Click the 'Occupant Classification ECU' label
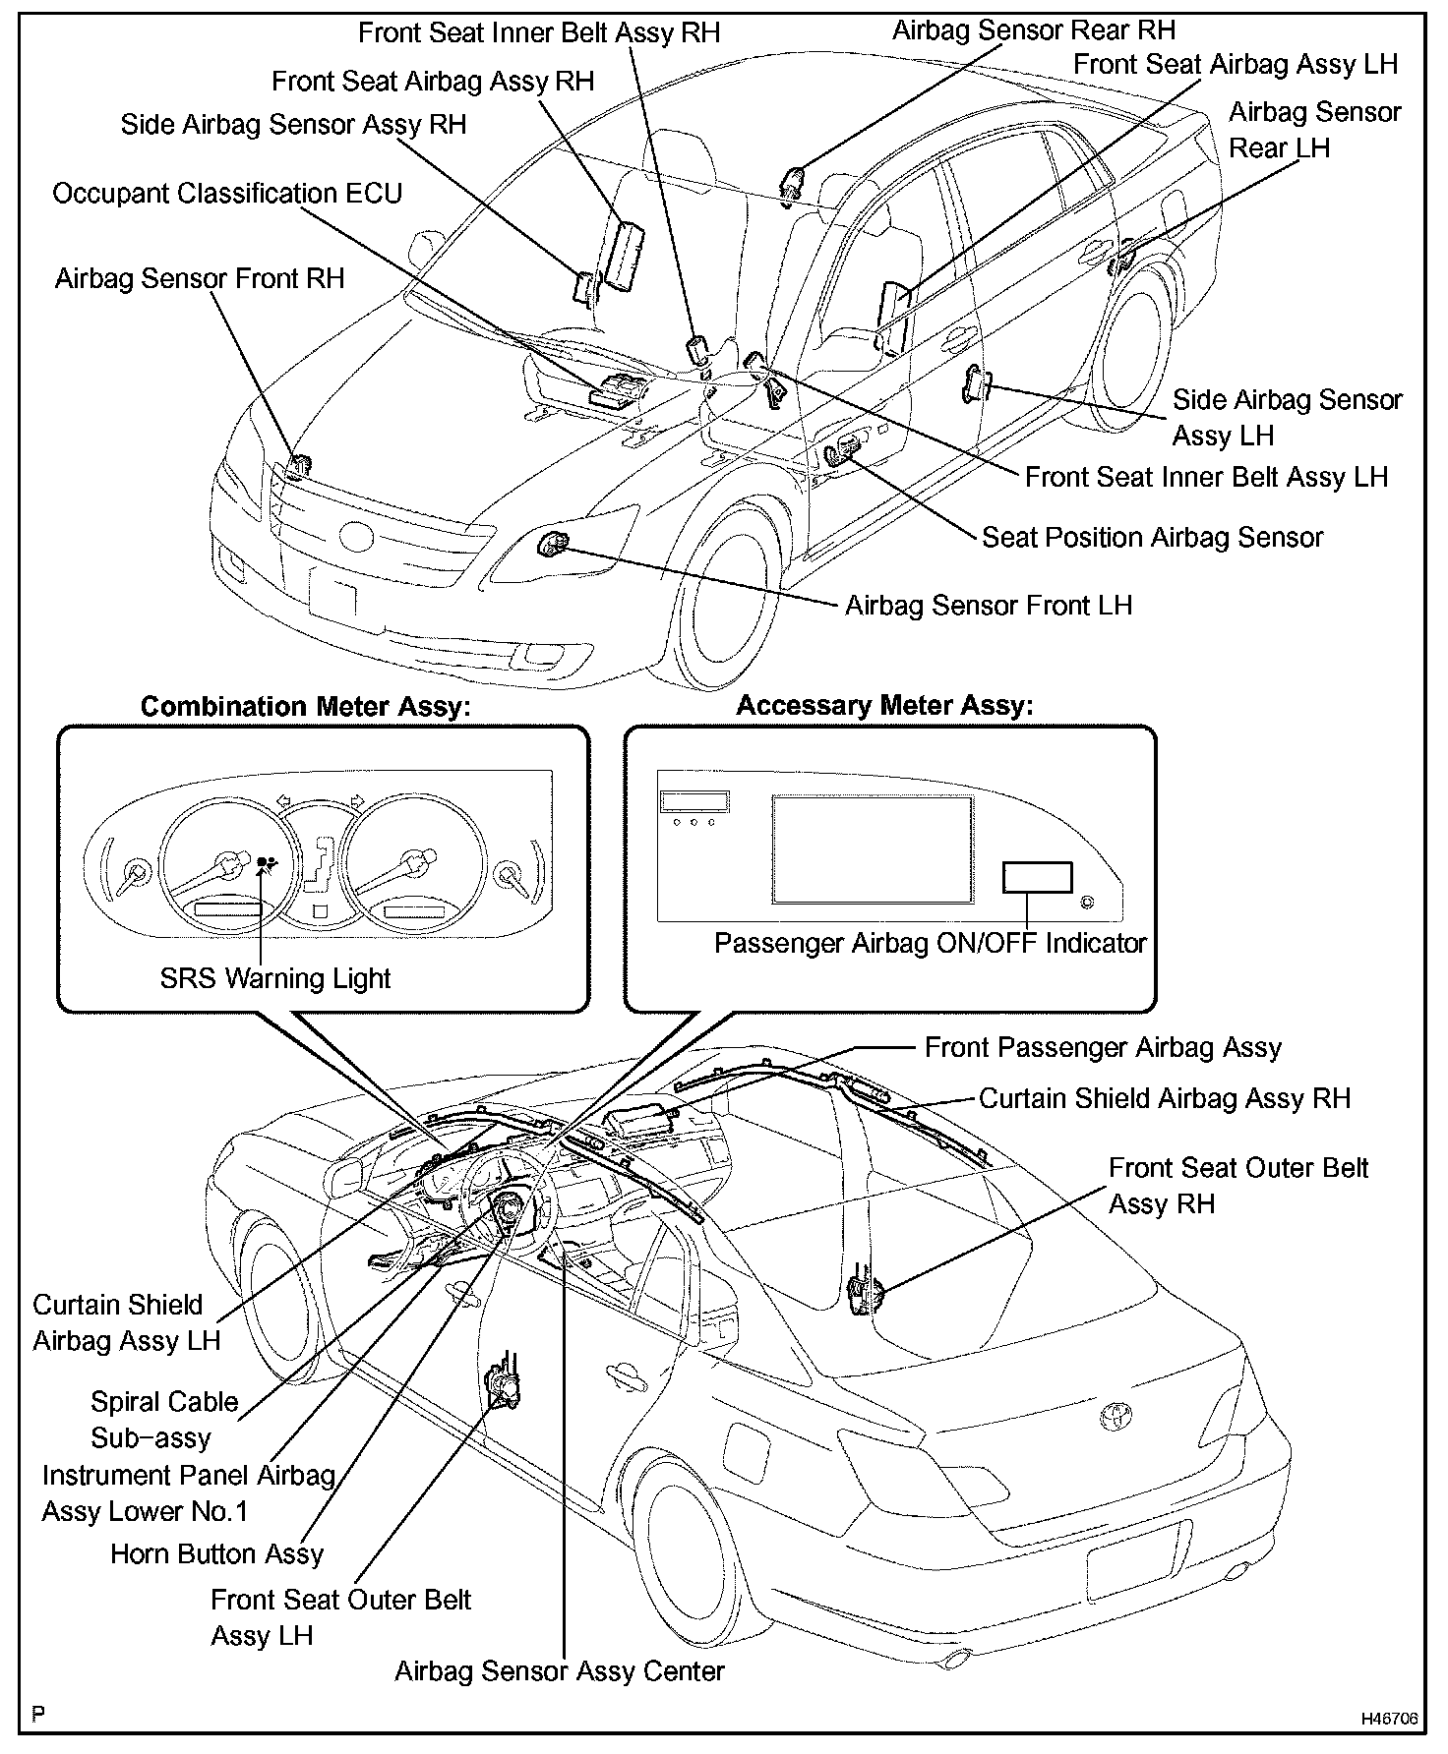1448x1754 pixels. [x=227, y=194]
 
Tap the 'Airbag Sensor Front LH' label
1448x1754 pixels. [x=988, y=605]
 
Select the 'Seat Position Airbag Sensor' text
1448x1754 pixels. [x=1152, y=537]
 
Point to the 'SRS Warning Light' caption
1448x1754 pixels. [x=275, y=978]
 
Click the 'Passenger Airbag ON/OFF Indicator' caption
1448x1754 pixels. [x=930, y=943]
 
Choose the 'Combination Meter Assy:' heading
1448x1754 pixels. [x=306, y=707]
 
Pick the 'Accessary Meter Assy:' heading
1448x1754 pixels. [x=884, y=705]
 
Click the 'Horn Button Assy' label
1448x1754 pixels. [x=216, y=1553]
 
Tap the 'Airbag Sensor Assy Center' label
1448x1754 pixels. [x=559, y=1670]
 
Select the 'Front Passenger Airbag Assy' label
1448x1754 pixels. [x=1102, y=1047]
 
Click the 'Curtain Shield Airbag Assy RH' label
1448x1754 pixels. [x=1164, y=1098]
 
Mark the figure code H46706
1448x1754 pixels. [x=1389, y=1719]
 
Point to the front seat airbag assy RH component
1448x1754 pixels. [x=623, y=255]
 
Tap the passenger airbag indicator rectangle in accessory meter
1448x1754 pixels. [x=1037, y=877]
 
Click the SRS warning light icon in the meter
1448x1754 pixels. [x=266, y=865]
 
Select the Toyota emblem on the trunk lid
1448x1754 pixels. [x=1116, y=1417]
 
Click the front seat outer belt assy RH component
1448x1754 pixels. [x=864, y=1295]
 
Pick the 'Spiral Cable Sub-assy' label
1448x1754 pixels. [x=164, y=1420]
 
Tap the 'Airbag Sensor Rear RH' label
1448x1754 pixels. [x=1033, y=30]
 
